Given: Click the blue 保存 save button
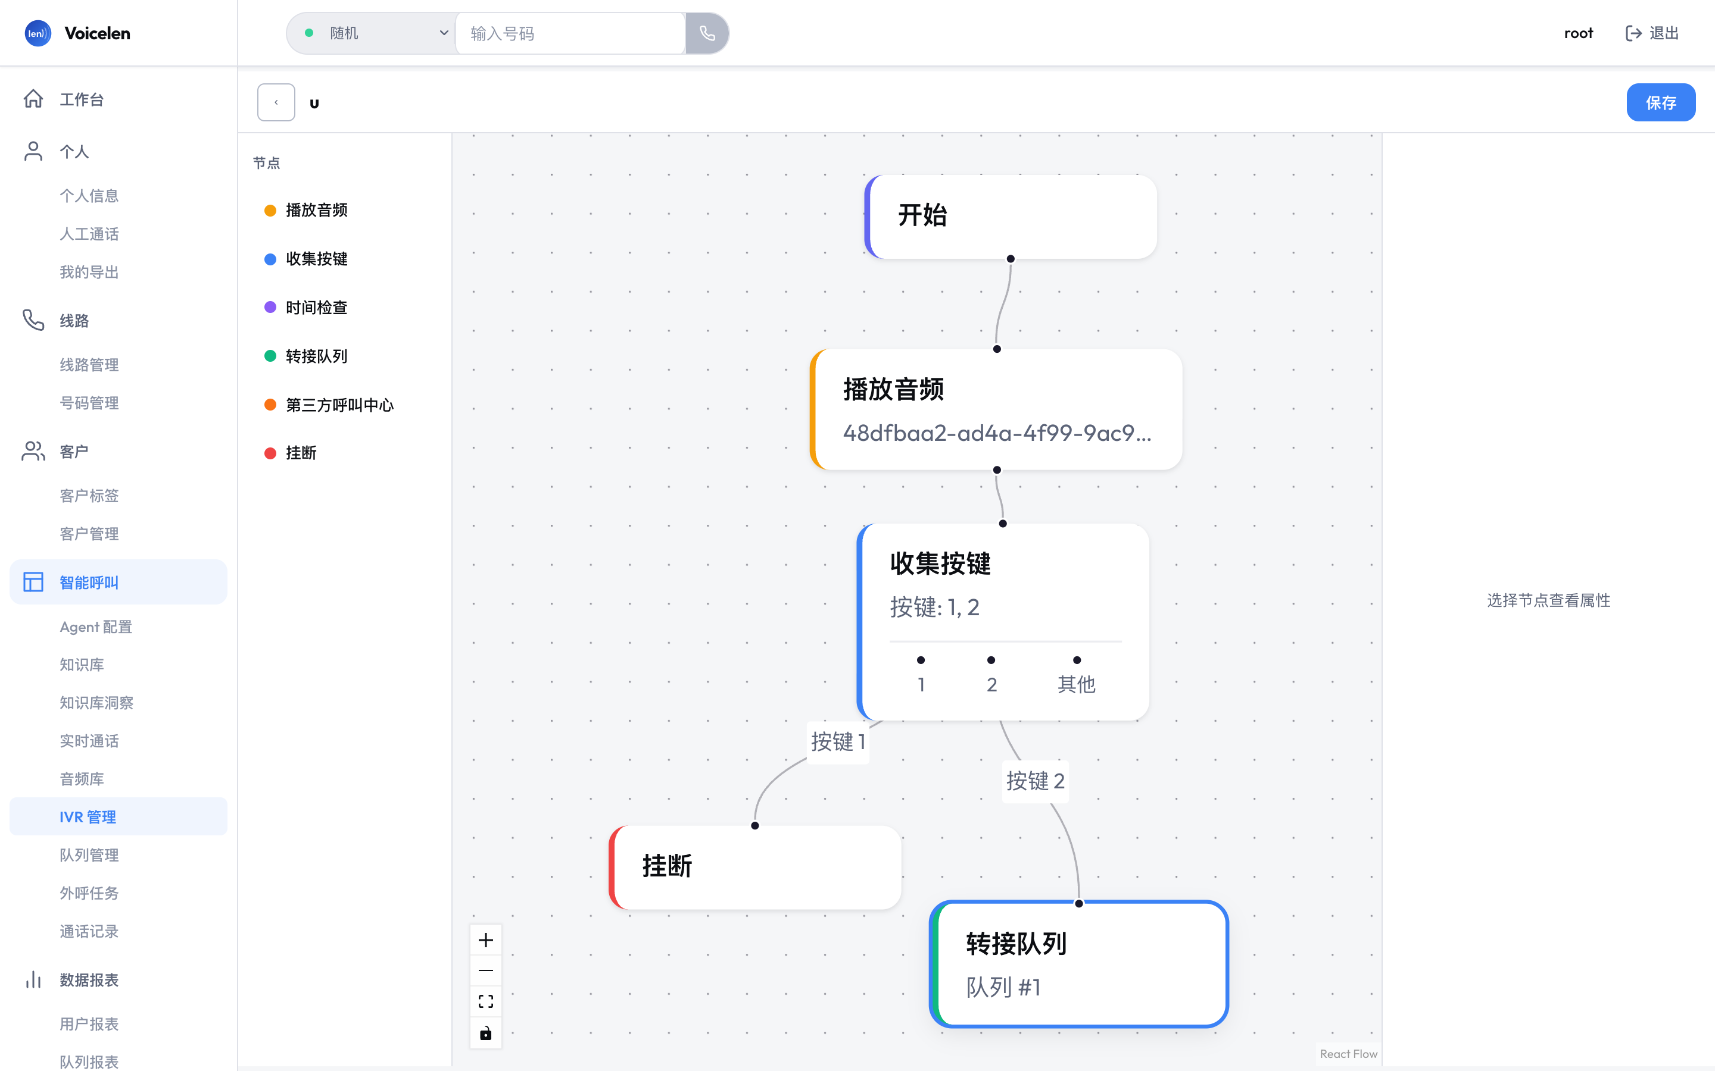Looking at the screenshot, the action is pyautogui.click(x=1660, y=103).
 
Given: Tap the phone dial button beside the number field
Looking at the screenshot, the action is pyautogui.click(x=707, y=33).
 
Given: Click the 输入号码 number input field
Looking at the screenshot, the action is pyautogui.click(x=570, y=33).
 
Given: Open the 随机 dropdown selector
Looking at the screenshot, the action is pyautogui.click(x=373, y=33).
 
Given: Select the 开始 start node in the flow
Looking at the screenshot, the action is pyautogui.click(x=1011, y=217).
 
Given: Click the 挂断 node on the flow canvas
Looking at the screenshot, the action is pyautogui.click(x=754, y=867).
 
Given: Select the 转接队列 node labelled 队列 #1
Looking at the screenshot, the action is pyautogui.click(x=1078, y=964).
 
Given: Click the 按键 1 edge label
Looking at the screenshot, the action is pyautogui.click(x=838, y=741).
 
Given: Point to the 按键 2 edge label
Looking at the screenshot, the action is pyautogui.click(x=1036, y=781).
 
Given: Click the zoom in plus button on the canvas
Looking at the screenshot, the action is pyautogui.click(x=485, y=940).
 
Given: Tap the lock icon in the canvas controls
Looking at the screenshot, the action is pyautogui.click(x=485, y=1033).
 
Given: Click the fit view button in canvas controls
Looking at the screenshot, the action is pyautogui.click(x=485, y=1001).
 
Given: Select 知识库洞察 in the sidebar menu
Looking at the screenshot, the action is pyautogui.click(x=96, y=703).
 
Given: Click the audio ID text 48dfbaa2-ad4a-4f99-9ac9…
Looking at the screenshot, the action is pyautogui.click(x=997, y=433).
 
